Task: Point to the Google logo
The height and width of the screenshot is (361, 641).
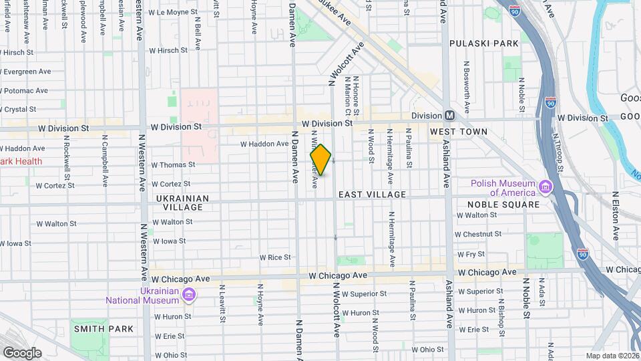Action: pyautogui.click(x=22, y=353)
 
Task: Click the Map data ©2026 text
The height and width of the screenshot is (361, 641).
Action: pyautogui.click(x=612, y=356)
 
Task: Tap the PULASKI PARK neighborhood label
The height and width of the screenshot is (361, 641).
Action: pyautogui.click(x=483, y=43)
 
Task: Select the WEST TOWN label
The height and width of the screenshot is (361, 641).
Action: pyautogui.click(x=458, y=132)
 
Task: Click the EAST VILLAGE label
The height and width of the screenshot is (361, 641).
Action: pyautogui.click(x=372, y=195)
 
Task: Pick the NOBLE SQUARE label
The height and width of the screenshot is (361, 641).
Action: pyautogui.click(x=503, y=205)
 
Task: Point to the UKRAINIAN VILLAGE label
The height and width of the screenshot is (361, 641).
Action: pyautogui.click(x=182, y=203)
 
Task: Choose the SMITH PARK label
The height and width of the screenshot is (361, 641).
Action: pyautogui.click(x=103, y=329)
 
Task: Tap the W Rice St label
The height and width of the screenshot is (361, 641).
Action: pyautogui.click(x=274, y=257)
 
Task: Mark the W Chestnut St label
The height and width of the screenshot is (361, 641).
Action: pyautogui.click(x=477, y=234)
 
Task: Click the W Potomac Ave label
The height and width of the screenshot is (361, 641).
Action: pyautogui.click(x=24, y=90)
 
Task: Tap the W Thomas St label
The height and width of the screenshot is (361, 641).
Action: pyautogui.click(x=172, y=164)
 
